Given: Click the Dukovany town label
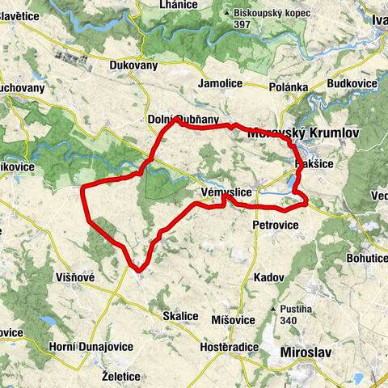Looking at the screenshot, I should point(134,67).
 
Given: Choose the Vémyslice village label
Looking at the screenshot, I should point(224,192).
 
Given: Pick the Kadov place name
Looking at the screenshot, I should point(267,277).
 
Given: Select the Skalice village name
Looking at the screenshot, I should point(181,316).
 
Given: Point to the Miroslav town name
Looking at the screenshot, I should point(305,352).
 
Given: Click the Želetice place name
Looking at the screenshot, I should point(122,377).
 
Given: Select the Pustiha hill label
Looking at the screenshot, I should point(297,309).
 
